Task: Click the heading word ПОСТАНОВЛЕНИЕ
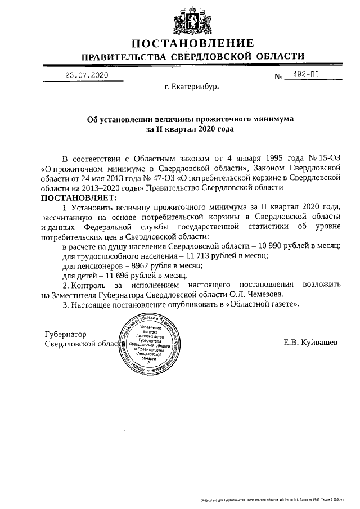(x=193, y=43)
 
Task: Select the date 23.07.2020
(x=86, y=75)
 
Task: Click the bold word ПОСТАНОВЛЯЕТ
(x=77, y=198)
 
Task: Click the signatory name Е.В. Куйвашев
(x=310, y=342)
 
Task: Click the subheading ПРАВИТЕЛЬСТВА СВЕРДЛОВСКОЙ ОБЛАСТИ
(x=193, y=57)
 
